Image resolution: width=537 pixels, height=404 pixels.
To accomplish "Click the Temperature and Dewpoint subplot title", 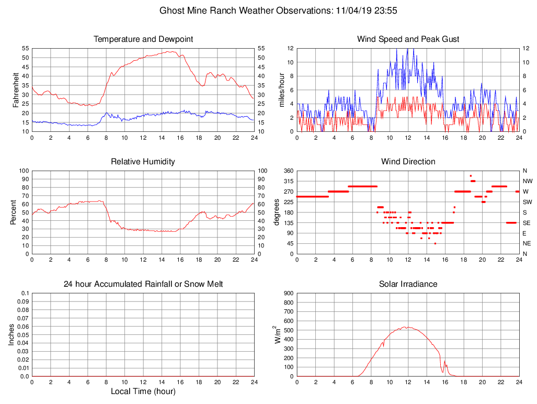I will (x=143, y=39).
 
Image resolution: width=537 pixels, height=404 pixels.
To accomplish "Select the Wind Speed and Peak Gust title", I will (x=408, y=39).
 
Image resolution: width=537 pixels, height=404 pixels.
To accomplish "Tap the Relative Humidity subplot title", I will (x=143, y=162).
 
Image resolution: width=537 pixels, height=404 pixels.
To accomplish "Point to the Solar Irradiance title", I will (x=408, y=284).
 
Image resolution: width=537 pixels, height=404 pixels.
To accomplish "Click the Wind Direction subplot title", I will (x=408, y=162).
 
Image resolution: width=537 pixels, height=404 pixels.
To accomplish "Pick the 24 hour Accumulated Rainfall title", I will (x=143, y=284).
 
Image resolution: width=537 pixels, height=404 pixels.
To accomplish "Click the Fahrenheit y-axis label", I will (x=16, y=89).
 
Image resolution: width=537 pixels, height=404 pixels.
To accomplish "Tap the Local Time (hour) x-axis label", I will (x=143, y=391).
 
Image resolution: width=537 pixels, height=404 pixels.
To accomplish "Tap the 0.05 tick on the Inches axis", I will (x=24, y=335).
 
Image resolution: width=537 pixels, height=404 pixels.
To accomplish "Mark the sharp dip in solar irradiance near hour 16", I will (x=443, y=372).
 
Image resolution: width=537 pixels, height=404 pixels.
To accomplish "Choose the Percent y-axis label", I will (x=13, y=212).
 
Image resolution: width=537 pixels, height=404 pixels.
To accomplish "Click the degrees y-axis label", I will (x=277, y=212).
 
